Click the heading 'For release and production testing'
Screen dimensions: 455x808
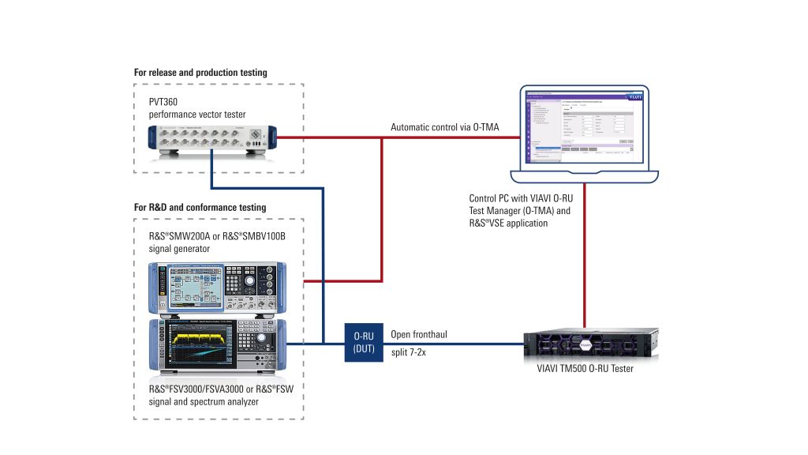(200, 73)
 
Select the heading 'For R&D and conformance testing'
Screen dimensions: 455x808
(200, 208)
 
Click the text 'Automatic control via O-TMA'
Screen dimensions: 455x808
(445, 127)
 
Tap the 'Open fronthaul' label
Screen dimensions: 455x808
(419, 334)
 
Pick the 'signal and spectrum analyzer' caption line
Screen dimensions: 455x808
(204, 401)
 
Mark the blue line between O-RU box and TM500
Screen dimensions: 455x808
(458, 344)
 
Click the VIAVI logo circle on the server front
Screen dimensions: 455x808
(585, 345)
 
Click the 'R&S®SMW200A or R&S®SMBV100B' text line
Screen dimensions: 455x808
(217, 236)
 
